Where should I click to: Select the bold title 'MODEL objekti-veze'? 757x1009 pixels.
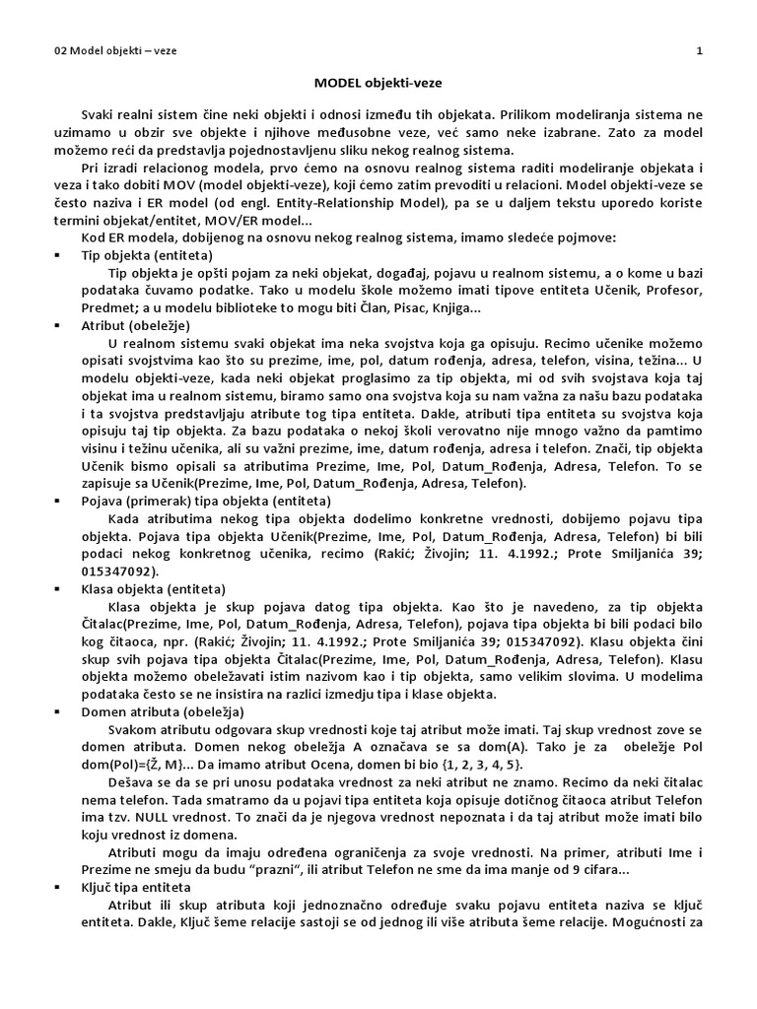pyautogui.click(x=378, y=86)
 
